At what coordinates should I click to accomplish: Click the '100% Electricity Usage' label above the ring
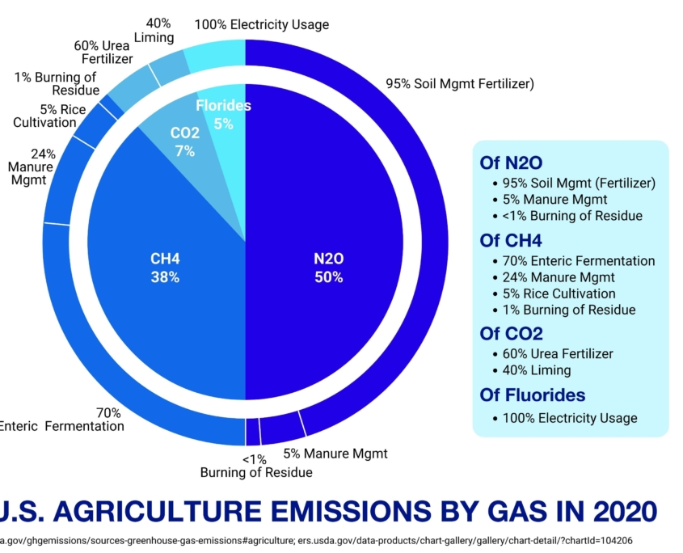(262, 24)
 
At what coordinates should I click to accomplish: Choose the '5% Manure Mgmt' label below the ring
(335, 453)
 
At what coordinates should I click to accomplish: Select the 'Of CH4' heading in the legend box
(511, 241)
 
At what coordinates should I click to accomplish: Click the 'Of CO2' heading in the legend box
(511, 333)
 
